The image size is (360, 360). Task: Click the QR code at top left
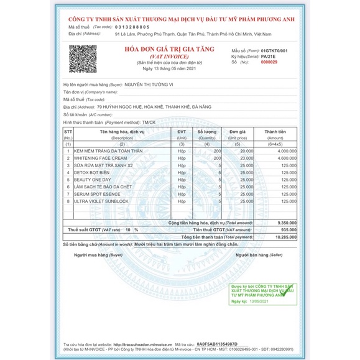[83, 59]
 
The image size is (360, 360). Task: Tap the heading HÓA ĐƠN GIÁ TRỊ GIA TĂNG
[169, 48]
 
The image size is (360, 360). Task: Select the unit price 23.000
[246, 159]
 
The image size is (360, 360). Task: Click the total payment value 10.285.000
[284, 237]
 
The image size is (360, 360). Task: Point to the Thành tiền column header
[274, 132]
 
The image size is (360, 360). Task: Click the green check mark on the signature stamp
[287, 292]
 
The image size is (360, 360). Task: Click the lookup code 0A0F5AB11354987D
[217, 343]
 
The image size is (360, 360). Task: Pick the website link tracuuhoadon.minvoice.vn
[143, 343]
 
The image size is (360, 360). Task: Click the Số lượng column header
[208, 132]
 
